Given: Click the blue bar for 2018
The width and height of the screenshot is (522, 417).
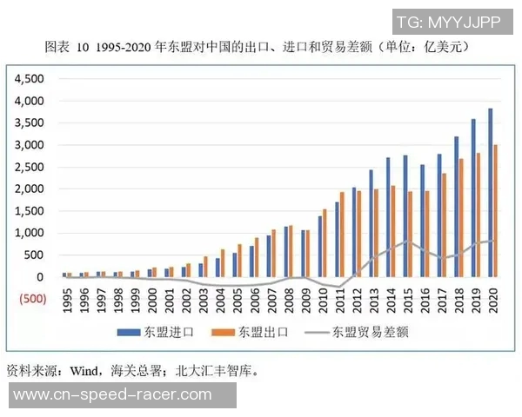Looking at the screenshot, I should click(x=457, y=207).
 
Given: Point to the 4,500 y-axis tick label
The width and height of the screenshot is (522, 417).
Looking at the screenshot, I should click(x=28, y=78).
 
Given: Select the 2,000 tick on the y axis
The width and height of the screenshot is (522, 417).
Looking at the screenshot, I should click(x=28, y=189).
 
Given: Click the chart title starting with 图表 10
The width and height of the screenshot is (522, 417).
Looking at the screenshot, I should click(x=261, y=44).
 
